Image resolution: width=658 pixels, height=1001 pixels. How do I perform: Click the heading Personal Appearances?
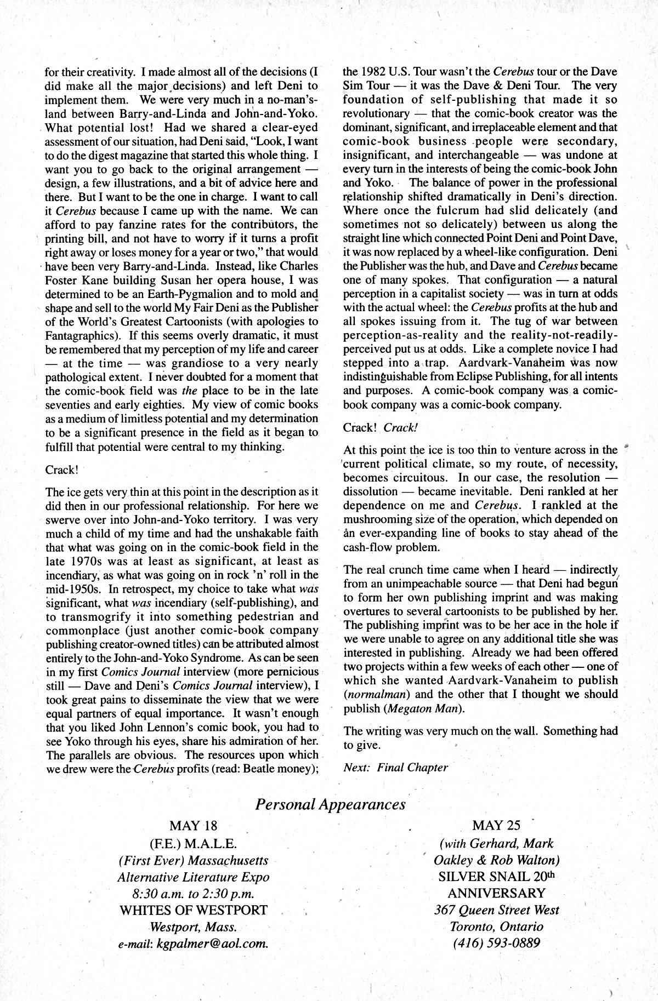pyautogui.click(x=330, y=804)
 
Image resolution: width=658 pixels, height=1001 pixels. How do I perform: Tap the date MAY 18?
pyautogui.click(x=193, y=826)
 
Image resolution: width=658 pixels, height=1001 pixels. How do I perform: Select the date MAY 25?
pyautogui.click(x=496, y=825)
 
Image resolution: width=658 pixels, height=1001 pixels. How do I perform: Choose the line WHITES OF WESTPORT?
pyautogui.click(x=193, y=911)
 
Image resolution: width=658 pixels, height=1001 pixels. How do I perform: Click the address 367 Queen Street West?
pyautogui.click(x=496, y=911)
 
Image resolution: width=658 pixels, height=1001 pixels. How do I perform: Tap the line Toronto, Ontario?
pyautogui.click(x=496, y=928)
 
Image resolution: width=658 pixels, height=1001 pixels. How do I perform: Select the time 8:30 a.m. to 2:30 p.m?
pyautogui.click(x=193, y=894)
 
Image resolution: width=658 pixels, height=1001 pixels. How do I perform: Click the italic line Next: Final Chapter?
pyautogui.click(x=395, y=767)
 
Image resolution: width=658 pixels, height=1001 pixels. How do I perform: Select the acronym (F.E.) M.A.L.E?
pyautogui.click(x=193, y=843)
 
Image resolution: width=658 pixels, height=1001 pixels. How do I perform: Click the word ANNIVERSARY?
pyautogui.click(x=496, y=893)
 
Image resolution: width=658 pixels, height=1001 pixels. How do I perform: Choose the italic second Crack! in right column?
pyautogui.click(x=401, y=427)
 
